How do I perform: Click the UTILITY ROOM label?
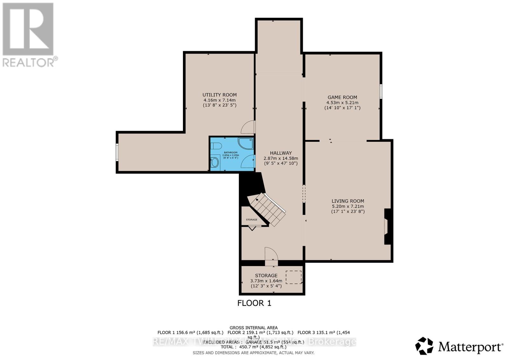220,95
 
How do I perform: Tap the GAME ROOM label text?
342,97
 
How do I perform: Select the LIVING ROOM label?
348,201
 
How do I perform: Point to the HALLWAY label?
281,153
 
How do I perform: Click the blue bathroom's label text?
230,153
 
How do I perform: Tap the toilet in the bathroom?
216,146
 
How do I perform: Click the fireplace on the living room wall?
387,226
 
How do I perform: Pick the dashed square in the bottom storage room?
293,277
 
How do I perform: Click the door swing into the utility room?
248,127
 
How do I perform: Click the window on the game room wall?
380,91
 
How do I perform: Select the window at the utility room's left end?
117,152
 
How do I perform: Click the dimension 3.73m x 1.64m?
266,281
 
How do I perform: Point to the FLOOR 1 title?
254,303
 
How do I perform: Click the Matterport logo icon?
424,346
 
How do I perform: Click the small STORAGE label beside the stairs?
251,220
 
